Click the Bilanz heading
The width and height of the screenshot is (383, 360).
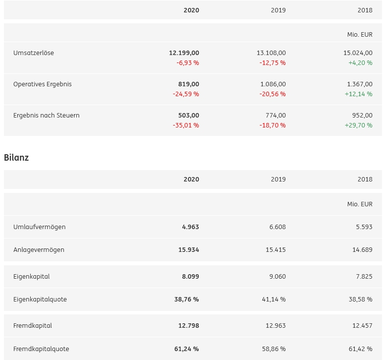point(16,158)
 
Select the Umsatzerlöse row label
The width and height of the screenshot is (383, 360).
point(34,53)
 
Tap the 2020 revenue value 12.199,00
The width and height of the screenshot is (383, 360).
point(184,53)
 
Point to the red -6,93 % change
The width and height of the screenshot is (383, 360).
point(188,63)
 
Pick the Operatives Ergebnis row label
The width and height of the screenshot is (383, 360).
point(43,84)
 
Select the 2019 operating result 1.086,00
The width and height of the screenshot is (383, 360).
point(273,84)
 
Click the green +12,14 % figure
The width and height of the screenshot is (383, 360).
point(359,94)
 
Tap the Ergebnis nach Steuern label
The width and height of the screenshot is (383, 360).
point(47,116)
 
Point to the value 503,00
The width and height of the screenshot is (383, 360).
point(189,116)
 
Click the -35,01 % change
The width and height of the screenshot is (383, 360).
point(186,125)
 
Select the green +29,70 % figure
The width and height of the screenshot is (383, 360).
point(359,125)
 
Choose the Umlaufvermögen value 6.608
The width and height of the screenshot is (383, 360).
point(277,227)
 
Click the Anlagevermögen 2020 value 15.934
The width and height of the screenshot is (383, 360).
point(189,250)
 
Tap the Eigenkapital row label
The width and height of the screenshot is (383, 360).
point(32,277)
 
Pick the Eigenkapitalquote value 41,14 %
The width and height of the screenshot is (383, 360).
point(274,300)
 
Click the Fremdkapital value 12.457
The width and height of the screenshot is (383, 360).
point(362,326)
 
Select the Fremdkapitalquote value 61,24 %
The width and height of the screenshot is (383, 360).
point(187,349)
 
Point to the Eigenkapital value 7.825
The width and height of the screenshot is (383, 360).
point(364,277)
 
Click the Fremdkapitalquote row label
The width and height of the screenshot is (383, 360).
point(41,349)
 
